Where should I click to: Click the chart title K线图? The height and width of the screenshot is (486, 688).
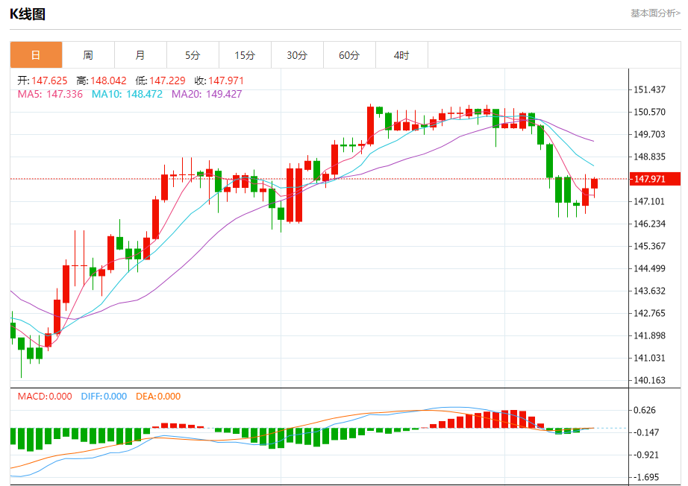pyautogui.click(x=28, y=13)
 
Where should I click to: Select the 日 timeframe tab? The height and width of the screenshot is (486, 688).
pyautogui.click(x=36, y=55)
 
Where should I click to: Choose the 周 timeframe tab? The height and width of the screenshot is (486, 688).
pyautogui.click(x=88, y=55)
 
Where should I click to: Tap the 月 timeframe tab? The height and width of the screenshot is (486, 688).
pyautogui.click(x=140, y=55)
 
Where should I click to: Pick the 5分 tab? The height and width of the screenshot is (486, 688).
pyautogui.click(x=193, y=55)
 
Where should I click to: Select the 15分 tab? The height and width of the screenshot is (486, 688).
pyautogui.click(x=245, y=55)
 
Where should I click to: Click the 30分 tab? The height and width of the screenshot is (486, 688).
pyautogui.click(x=297, y=55)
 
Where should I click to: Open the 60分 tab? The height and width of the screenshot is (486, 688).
pyautogui.click(x=349, y=55)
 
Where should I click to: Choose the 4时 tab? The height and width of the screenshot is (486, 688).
pyautogui.click(x=401, y=55)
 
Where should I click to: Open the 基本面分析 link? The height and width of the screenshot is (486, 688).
pyautogui.click(x=655, y=13)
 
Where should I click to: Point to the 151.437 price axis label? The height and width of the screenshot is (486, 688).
pyautogui.click(x=648, y=89)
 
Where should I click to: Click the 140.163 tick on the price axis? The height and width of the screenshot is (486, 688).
pyautogui.click(x=648, y=380)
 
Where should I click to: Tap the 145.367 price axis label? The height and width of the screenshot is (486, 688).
pyautogui.click(x=648, y=246)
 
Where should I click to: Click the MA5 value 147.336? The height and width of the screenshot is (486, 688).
pyautogui.click(x=64, y=94)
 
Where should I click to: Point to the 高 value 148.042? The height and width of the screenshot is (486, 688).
pyautogui.click(x=109, y=81)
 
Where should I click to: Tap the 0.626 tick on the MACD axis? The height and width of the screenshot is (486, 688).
pyautogui.click(x=644, y=410)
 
